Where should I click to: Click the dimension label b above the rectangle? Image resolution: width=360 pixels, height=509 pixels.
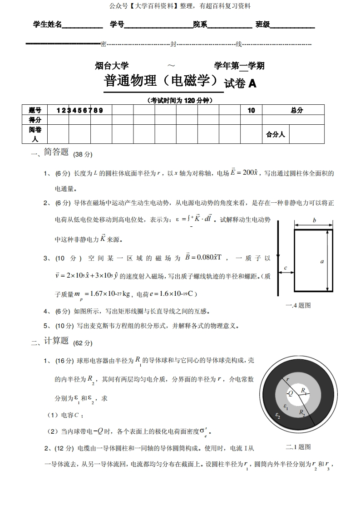[x=314, y=220]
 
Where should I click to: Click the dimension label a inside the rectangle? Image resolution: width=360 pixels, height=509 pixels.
[x=322, y=261]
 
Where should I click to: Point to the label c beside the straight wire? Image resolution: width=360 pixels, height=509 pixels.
[x=286, y=268]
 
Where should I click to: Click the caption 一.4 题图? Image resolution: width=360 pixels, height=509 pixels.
[x=298, y=305]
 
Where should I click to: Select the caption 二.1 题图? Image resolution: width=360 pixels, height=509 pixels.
[x=298, y=447]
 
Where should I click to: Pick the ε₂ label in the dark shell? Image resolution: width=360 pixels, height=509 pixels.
[x=278, y=415]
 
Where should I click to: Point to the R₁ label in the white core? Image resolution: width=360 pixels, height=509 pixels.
[x=305, y=391]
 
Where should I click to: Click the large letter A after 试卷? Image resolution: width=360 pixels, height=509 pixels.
[x=252, y=84]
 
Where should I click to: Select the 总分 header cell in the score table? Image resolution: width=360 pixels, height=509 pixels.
[x=297, y=110]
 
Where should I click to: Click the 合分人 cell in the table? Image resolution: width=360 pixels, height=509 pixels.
[x=276, y=134]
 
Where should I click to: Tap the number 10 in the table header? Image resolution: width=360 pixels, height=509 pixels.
[x=251, y=110]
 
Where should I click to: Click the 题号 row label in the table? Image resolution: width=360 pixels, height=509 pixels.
[x=35, y=110]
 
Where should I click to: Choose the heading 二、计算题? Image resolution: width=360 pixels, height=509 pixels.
[x=50, y=342]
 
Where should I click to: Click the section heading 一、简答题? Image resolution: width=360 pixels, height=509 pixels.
[x=50, y=153]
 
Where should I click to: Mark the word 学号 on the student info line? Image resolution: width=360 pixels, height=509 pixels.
[x=117, y=24]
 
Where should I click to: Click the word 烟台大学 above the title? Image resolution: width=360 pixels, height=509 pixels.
[x=112, y=66]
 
